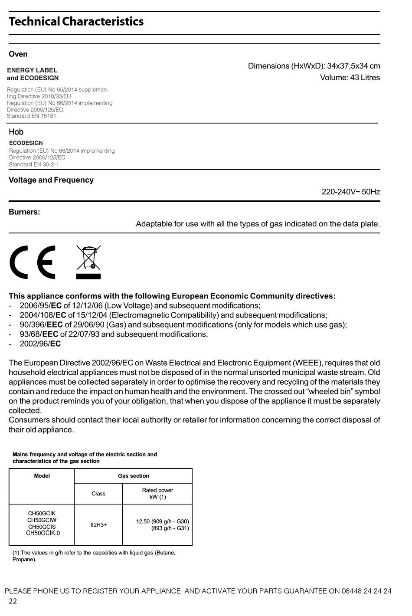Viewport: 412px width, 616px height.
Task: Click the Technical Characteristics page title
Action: [76, 21]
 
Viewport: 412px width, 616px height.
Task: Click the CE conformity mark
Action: [33, 262]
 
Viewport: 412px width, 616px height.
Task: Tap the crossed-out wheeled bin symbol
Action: [88, 262]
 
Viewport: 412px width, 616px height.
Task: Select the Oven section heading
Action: [18, 54]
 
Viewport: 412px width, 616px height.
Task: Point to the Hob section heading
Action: [16, 132]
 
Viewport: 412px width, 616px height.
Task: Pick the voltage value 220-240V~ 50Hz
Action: [350, 192]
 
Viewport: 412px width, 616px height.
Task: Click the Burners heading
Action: [24, 212]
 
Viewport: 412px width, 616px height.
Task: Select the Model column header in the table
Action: [42, 476]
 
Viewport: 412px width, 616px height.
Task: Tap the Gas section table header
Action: [133, 476]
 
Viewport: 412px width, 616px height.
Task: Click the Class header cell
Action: [98, 494]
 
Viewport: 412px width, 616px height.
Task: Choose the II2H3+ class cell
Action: [98, 524]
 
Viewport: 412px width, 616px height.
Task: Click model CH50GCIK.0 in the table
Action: [43, 533]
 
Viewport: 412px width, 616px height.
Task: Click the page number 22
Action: [13, 601]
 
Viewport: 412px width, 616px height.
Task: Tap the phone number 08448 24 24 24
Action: [366, 591]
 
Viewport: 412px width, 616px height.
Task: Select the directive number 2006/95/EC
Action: [40, 306]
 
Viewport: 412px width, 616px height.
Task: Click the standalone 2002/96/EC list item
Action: [40, 344]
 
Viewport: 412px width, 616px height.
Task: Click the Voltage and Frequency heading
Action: [51, 180]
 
